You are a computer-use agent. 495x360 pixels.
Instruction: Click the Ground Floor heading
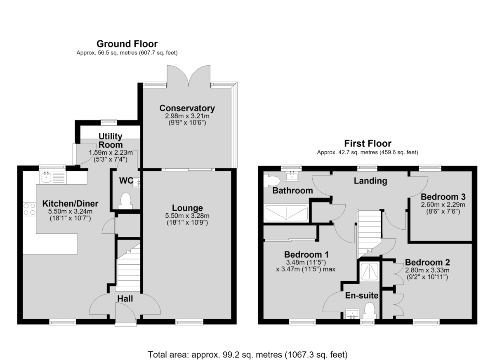(127, 44)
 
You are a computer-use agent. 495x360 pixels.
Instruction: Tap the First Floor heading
(368, 144)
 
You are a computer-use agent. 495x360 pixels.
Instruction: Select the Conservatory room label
(187, 108)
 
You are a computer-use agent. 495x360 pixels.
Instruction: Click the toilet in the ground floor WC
(126, 201)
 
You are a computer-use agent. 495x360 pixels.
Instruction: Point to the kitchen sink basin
(46, 177)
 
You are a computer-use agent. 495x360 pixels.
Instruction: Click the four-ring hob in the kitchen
(29, 209)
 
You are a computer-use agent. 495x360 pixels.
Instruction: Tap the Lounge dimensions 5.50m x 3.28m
(187, 216)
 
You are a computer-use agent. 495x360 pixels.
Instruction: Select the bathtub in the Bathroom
(286, 213)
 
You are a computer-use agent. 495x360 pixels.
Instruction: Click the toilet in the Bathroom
(271, 181)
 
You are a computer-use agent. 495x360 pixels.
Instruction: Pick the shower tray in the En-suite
(370, 271)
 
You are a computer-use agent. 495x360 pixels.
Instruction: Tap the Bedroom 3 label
(443, 197)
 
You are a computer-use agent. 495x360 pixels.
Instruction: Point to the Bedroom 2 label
(427, 262)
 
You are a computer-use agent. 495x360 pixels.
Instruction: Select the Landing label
(370, 181)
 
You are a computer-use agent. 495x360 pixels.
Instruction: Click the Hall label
(125, 299)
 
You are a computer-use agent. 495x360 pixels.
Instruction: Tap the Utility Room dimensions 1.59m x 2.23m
(111, 153)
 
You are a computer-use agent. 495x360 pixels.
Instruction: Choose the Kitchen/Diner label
(70, 203)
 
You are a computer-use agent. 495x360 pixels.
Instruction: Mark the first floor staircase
(369, 234)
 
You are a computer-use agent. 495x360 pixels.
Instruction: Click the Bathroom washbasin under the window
(293, 176)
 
